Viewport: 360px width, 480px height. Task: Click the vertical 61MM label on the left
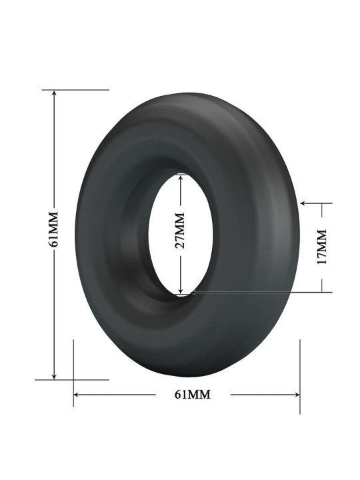coord(54,229)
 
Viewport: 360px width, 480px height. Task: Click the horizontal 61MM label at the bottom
coord(193,395)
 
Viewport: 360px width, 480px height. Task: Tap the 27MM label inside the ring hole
coord(181,231)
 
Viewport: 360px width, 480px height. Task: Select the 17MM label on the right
coord(322,247)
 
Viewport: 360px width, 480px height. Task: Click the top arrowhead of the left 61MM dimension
coord(54,93)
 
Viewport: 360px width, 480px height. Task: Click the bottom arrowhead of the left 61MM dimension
coord(54,376)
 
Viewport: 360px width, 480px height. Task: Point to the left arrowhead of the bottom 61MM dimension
coord(77,395)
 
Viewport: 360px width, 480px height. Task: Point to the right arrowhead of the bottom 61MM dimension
coord(296,395)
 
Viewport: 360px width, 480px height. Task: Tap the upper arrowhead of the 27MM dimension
coord(181,178)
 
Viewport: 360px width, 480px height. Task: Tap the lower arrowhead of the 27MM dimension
coord(181,289)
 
